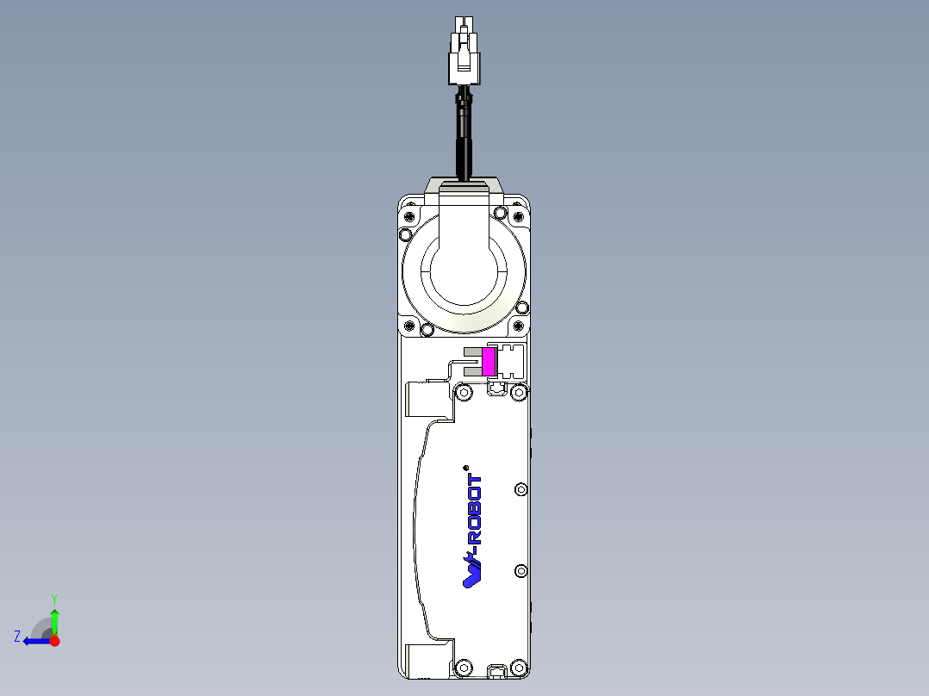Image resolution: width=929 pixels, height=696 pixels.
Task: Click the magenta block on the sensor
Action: (x=489, y=361)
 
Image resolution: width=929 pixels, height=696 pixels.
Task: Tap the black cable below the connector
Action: (x=464, y=138)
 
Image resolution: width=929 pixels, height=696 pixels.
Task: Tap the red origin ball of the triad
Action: (x=54, y=641)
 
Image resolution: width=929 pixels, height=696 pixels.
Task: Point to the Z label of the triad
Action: (x=17, y=637)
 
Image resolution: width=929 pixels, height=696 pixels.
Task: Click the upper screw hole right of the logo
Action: (x=520, y=490)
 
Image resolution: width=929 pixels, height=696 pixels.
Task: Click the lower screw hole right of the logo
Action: (x=520, y=571)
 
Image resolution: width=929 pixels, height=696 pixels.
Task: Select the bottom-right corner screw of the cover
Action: (x=518, y=667)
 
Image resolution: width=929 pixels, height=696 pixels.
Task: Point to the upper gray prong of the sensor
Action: (x=472, y=351)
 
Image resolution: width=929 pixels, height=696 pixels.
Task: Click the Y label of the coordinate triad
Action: (x=53, y=597)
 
